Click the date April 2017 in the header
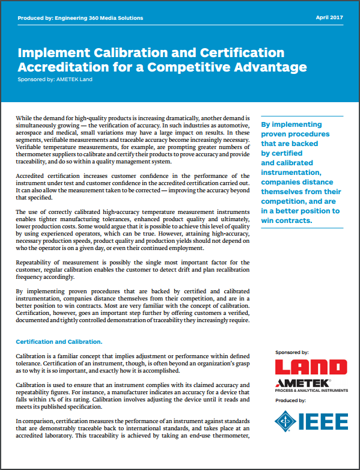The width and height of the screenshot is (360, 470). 329,18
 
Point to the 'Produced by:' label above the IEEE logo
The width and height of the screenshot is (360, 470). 290,400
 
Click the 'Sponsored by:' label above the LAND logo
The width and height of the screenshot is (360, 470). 291,352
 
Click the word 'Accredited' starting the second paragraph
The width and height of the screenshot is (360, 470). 32,174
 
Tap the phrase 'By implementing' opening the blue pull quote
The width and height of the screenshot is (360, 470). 288,125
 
